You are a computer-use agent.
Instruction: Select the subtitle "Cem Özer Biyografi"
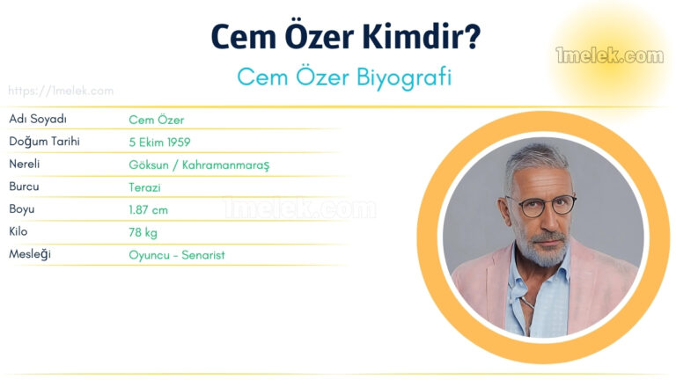coord(344,77)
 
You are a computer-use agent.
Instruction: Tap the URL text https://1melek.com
coord(61,91)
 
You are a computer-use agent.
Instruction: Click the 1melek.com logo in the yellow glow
coord(609,56)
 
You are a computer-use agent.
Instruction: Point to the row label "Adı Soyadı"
coord(38,119)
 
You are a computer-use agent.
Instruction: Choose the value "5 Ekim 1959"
coord(159,142)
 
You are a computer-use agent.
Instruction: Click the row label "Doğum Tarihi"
coord(44,142)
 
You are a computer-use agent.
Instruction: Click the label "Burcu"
coord(24,187)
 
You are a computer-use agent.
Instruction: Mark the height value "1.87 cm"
coord(148,210)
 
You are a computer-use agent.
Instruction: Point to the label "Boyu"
coord(22,210)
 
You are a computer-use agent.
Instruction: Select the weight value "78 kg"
coord(143,232)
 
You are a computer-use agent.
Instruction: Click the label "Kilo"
coord(19,232)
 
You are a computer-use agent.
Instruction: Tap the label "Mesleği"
coord(29,255)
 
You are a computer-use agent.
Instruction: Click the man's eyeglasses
coord(544,207)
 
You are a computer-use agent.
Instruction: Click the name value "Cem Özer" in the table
coord(157,120)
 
